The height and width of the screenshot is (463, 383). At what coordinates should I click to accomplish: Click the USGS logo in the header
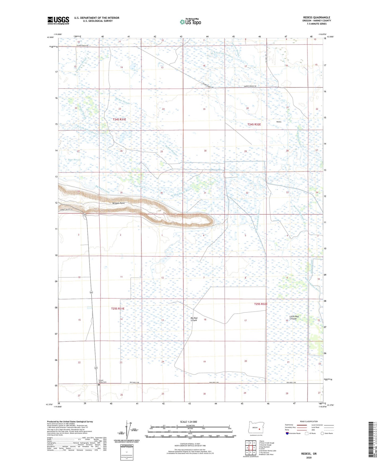[58, 20]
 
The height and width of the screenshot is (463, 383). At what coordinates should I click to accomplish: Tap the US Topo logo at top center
[190, 22]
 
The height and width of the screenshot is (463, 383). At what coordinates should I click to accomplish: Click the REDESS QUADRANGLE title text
[317, 17]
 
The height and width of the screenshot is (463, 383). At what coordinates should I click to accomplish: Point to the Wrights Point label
[118, 203]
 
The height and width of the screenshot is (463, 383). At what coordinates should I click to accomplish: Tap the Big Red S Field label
[194, 319]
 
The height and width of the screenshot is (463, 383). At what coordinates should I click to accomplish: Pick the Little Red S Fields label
[294, 318]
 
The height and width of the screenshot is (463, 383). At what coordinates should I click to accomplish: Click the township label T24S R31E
[119, 120]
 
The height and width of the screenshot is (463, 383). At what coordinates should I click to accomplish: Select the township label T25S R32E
[261, 304]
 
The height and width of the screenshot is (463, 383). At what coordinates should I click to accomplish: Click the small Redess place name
[279, 122]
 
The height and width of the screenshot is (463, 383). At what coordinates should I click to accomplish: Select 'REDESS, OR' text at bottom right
[309, 454]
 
